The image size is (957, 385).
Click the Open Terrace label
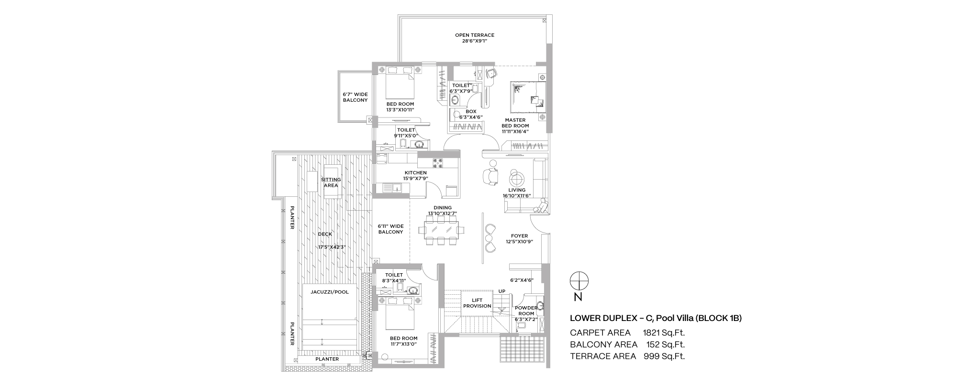(475, 35)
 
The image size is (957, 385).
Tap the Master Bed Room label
(515, 123)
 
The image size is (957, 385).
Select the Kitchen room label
(415, 173)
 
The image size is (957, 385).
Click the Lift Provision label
(478, 303)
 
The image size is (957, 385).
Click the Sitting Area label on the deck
(331, 182)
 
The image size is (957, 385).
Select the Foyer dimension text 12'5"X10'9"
(519, 242)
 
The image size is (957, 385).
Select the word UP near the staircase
(502, 291)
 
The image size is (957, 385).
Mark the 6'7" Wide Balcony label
(355, 97)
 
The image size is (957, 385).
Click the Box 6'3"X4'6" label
(471, 114)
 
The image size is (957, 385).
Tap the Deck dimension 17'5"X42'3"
(332, 247)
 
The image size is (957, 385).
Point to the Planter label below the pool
(327, 359)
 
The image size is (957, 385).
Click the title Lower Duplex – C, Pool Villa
(656, 318)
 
